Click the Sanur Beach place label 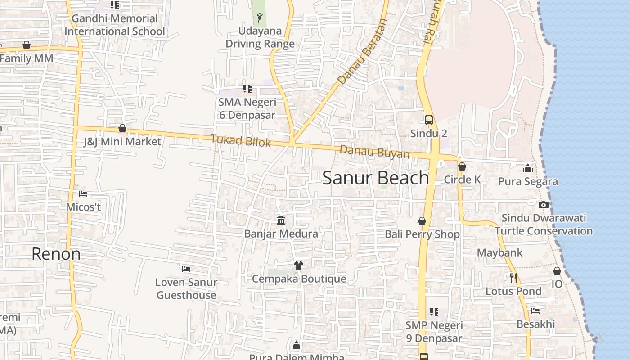click(x=375, y=178)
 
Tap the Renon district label click(x=56, y=254)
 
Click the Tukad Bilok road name click(x=241, y=141)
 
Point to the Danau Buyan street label click(x=374, y=152)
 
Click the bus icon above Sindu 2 click(x=429, y=120)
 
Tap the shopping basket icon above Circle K click(x=462, y=166)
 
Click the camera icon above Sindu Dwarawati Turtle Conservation click(x=544, y=205)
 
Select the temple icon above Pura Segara click(x=528, y=169)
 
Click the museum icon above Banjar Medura click(x=281, y=220)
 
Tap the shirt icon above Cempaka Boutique click(x=298, y=265)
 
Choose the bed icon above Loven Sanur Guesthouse click(x=186, y=269)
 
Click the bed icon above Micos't click(x=83, y=194)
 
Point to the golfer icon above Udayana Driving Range click(x=260, y=18)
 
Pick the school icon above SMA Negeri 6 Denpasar click(x=247, y=89)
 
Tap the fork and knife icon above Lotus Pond click(x=513, y=278)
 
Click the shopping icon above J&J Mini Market click(x=122, y=129)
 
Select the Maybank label click(x=500, y=252)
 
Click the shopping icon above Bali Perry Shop click(x=422, y=221)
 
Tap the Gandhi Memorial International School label click(x=115, y=25)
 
